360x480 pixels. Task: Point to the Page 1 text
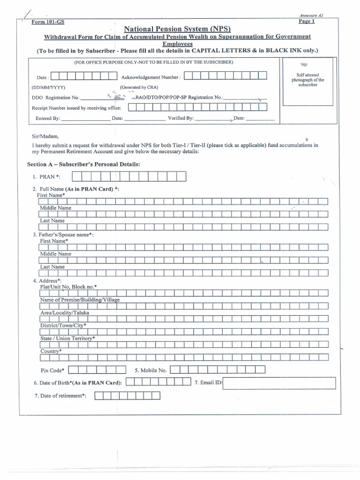coord(307,22)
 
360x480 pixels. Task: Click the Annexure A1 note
coord(311,15)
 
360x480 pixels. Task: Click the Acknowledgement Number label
coord(150,77)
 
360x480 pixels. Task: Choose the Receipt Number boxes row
coord(197,107)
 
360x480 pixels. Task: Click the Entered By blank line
coord(85,119)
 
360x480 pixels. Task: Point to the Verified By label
coord(180,119)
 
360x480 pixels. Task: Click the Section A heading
coord(83,164)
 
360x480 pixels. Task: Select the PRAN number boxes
coord(129,177)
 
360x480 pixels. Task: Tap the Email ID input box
coord(280,383)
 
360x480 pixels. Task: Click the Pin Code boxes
coord(97,370)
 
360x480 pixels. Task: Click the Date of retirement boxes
coord(127,396)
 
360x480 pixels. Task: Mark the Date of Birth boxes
coord(158,382)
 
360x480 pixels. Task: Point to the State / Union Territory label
coord(67,338)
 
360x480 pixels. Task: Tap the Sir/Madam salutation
coord(45,136)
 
